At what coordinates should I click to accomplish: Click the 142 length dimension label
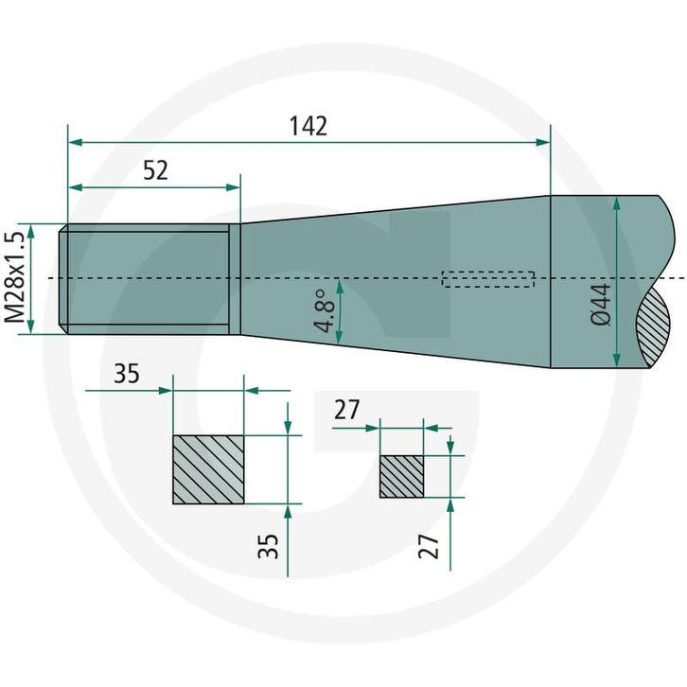click(308, 126)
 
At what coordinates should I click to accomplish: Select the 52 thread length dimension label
click(155, 171)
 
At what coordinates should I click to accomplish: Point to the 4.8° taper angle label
click(325, 310)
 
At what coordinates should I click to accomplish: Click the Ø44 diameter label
click(600, 304)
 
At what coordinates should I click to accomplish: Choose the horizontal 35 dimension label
click(127, 374)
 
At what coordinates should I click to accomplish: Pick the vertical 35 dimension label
click(268, 546)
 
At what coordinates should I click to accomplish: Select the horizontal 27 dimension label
click(346, 410)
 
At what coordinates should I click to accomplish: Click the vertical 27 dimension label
click(429, 546)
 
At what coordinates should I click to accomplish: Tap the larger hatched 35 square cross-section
click(208, 469)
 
